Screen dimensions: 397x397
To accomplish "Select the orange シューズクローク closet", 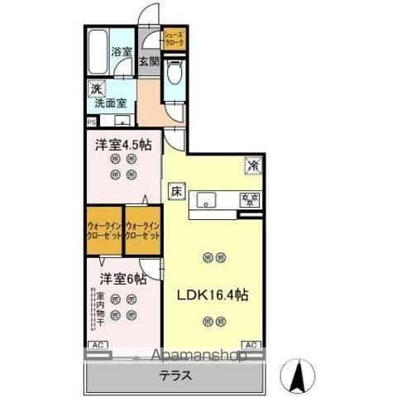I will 174,38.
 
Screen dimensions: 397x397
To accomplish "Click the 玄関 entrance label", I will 148,62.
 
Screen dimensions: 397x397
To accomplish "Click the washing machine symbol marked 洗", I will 96,88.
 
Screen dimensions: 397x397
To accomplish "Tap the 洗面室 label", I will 110,104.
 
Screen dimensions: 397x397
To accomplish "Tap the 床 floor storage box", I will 176,189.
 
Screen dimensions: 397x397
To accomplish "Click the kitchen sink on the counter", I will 207,199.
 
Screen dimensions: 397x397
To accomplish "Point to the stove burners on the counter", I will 248,199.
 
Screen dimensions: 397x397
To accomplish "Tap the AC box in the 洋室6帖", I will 96,344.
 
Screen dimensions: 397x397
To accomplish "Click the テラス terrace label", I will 175,375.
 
